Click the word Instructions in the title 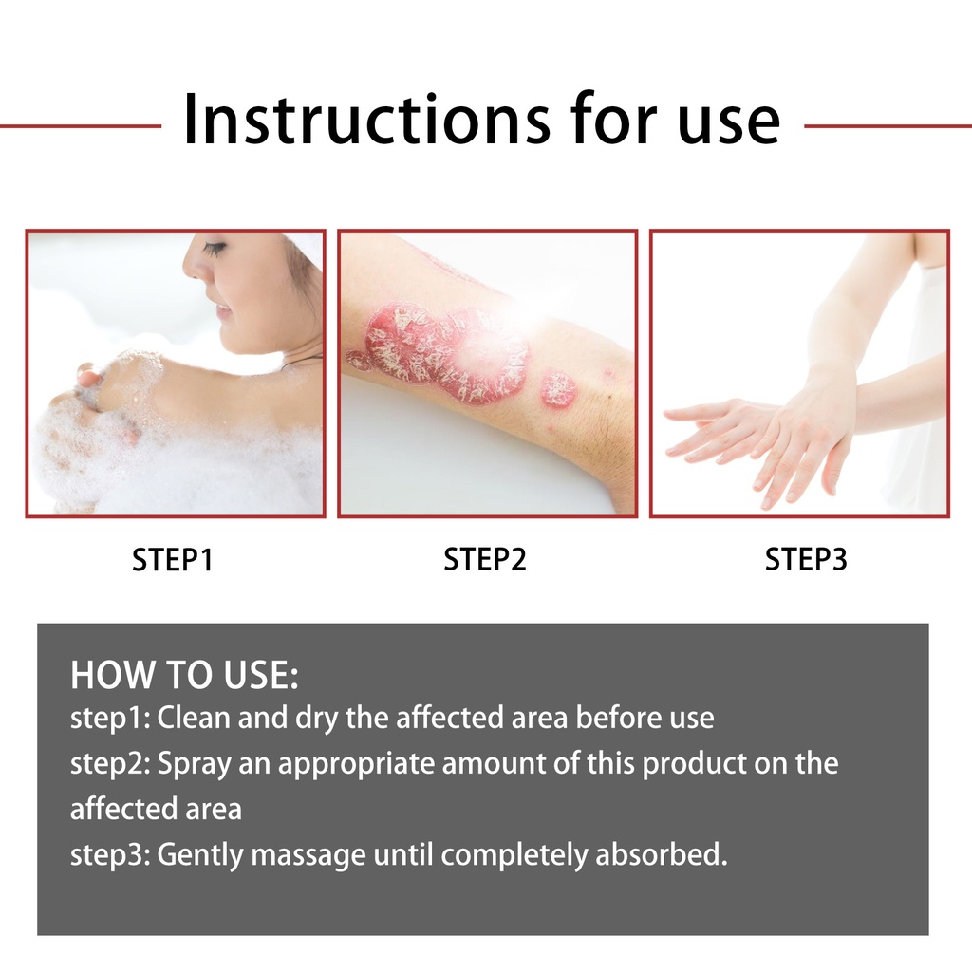coord(366,119)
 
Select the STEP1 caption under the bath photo coord(173,559)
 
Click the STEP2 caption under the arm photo coord(485,559)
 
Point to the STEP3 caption coord(806,559)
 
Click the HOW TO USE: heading coord(184,675)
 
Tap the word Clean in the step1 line coord(194,718)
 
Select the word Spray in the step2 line coord(194,765)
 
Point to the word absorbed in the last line coord(662,854)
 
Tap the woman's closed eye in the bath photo coord(213,249)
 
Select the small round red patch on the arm coord(558,390)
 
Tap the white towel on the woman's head coord(304,248)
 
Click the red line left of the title coord(81,126)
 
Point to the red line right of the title coord(888,126)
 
